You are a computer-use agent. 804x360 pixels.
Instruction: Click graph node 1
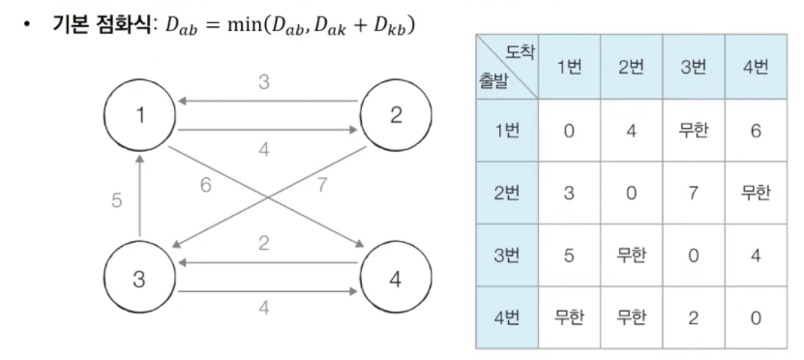click(x=139, y=115)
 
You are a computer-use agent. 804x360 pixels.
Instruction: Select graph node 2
click(x=396, y=115)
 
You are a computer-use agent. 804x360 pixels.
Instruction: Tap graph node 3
click(x=139, y=278)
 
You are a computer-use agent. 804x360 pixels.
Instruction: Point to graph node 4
click(x=396, y=278)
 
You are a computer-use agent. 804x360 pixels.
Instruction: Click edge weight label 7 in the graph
click(x=321, y=185)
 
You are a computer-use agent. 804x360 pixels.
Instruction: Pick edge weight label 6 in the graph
click(x=206, y=185)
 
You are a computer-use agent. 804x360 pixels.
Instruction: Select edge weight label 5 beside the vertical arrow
click(x=117, y=200)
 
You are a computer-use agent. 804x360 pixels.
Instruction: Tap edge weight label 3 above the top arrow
click(x=263, y=82)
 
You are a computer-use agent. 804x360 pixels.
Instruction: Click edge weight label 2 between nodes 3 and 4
click(x=263, y=243)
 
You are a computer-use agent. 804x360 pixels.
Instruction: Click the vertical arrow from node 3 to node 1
click(x=139, y=195)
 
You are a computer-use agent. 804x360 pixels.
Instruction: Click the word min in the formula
click(x=244, y=25)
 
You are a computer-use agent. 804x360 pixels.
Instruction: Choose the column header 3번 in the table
click(x=694, y=67)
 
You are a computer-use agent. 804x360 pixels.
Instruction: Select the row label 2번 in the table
click(x=507, y=193)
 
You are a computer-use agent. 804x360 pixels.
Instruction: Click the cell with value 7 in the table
click(x=694, y=193)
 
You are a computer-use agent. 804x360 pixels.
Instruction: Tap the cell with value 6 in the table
click(x=756, y=131)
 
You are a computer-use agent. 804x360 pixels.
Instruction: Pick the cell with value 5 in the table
click(x=569, y=255)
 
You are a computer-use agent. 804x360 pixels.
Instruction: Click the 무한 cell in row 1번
click(x=694, y=131)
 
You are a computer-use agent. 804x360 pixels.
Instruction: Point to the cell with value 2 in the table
click(x=694, y=318)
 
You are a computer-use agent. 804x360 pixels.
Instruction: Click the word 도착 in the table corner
click(x=520, y=52)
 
